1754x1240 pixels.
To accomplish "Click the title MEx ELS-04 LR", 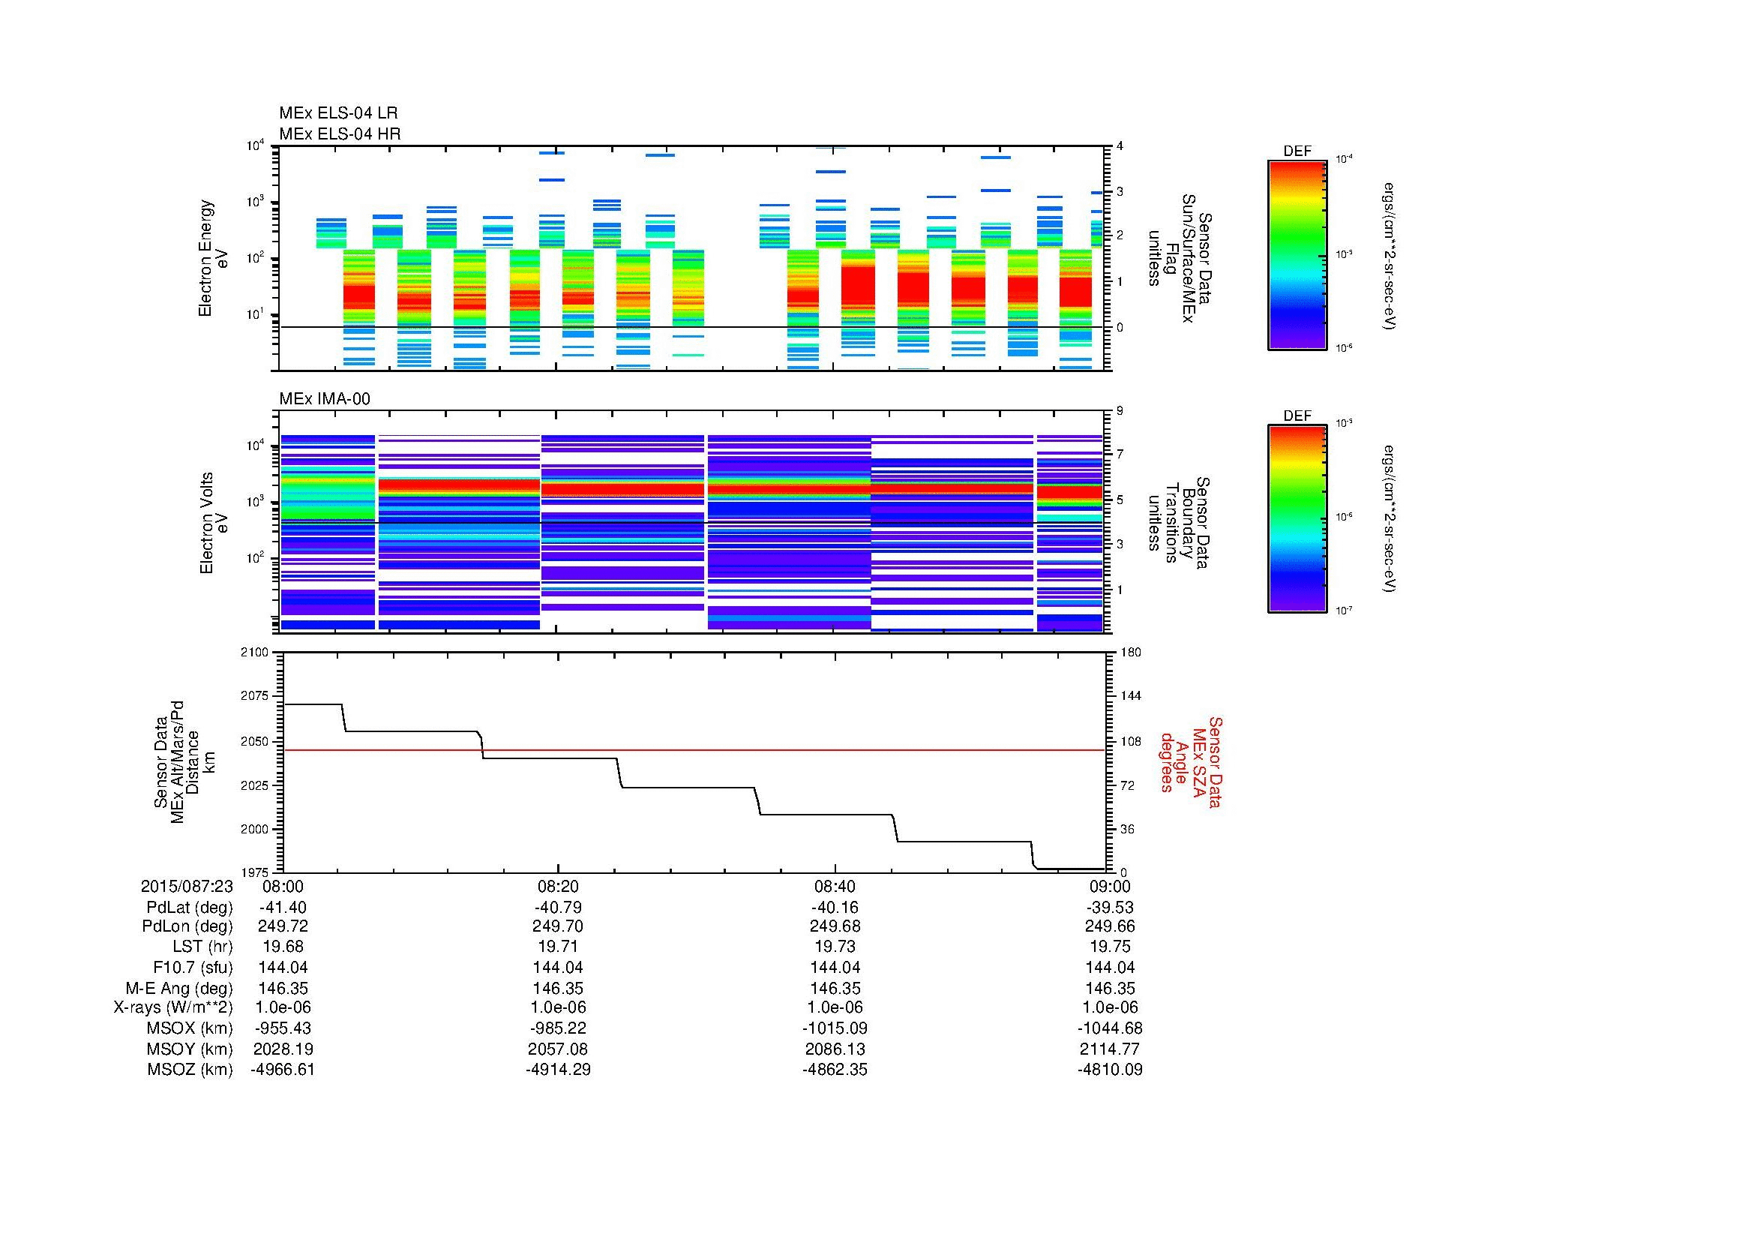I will tap(338, 113).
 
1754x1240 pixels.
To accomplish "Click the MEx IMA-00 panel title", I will tap(325, 399).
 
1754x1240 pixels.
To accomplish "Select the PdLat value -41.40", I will tap(283, 908).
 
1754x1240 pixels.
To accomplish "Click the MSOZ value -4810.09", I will tap(1109, 1070).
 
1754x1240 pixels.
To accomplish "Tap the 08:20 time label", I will tap(559, 886).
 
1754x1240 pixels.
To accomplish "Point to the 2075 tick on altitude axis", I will tap(253, 696).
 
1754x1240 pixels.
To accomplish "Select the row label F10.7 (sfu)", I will tap(193, 967).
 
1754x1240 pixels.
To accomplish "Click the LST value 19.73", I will tap(835, 947).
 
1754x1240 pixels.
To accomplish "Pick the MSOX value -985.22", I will tap(559, 1028).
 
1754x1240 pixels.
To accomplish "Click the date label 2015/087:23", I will tap(187, 886).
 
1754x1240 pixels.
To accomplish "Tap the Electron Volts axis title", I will tap(214, 523).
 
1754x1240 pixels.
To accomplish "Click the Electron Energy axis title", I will tap(214, 258).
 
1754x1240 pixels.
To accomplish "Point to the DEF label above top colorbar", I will tap(1297, 152).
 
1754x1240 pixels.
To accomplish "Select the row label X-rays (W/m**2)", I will tap(173, 1007).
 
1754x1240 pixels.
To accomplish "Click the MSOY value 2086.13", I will tap(835, 1049).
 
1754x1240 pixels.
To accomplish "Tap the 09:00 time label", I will tap(1110, 886).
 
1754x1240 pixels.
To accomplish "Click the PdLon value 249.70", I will tap(559, 926).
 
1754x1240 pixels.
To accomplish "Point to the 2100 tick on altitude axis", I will tap(253, 653).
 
